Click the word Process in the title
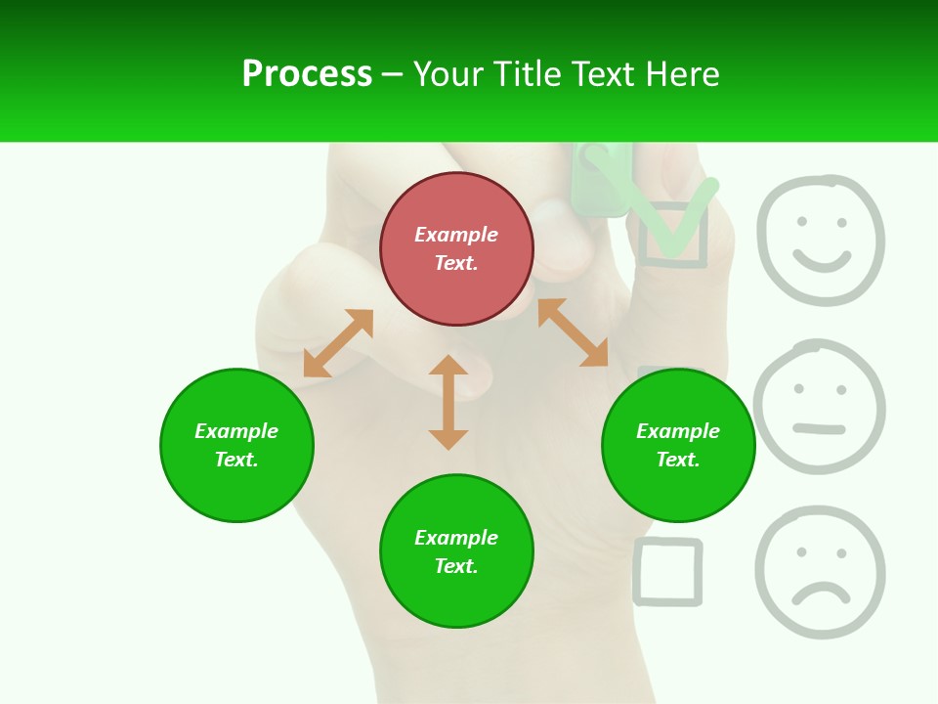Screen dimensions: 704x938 307,74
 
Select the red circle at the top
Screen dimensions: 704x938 456,249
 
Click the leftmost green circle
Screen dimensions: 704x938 236,445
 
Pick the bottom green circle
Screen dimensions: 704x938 456,551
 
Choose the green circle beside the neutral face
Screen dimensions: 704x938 678,445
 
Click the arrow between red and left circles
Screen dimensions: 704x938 338,343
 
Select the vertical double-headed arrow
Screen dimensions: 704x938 448,402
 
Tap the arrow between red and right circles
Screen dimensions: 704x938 573,332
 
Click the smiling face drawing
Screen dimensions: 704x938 821,240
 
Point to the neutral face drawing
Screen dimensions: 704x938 820,407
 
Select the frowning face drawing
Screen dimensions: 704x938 820,572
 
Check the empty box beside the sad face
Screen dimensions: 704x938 668,571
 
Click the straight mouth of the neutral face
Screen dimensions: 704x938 819,428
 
